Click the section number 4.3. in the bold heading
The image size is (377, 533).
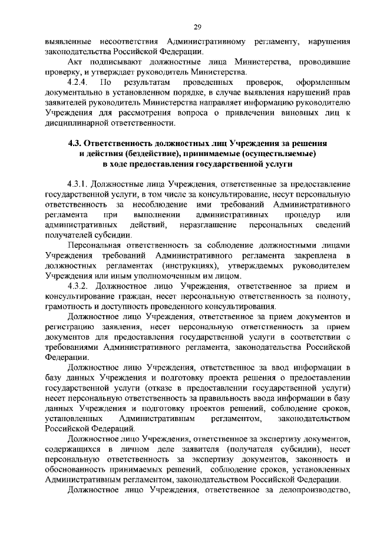(76, 143)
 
